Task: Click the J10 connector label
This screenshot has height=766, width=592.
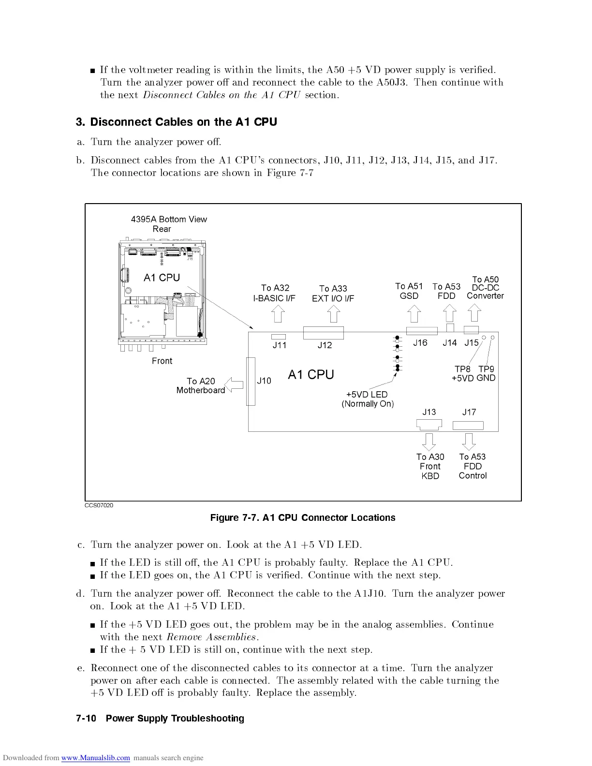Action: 264,381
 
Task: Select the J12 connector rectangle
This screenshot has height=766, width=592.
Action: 323,333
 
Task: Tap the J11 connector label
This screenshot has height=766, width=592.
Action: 280,345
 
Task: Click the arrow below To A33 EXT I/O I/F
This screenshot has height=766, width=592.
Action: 333,315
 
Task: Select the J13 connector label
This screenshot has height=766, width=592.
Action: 429,412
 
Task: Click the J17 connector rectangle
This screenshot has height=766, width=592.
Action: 468,426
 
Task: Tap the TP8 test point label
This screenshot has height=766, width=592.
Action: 462,369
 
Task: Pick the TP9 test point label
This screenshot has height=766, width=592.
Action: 487,369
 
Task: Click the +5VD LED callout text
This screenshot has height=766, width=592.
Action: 368,399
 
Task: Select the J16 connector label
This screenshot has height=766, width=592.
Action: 420,343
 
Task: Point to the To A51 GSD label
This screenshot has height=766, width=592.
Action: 409,291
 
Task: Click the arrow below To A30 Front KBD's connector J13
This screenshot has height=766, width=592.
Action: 429,441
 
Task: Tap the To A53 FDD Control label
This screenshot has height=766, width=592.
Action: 473,466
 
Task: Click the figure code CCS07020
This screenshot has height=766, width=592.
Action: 99,505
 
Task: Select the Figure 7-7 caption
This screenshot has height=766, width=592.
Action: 303,518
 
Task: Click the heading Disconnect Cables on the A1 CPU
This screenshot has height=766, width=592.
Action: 177,122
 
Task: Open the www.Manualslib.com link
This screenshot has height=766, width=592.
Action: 96,758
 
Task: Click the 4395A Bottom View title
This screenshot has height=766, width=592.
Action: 169,220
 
